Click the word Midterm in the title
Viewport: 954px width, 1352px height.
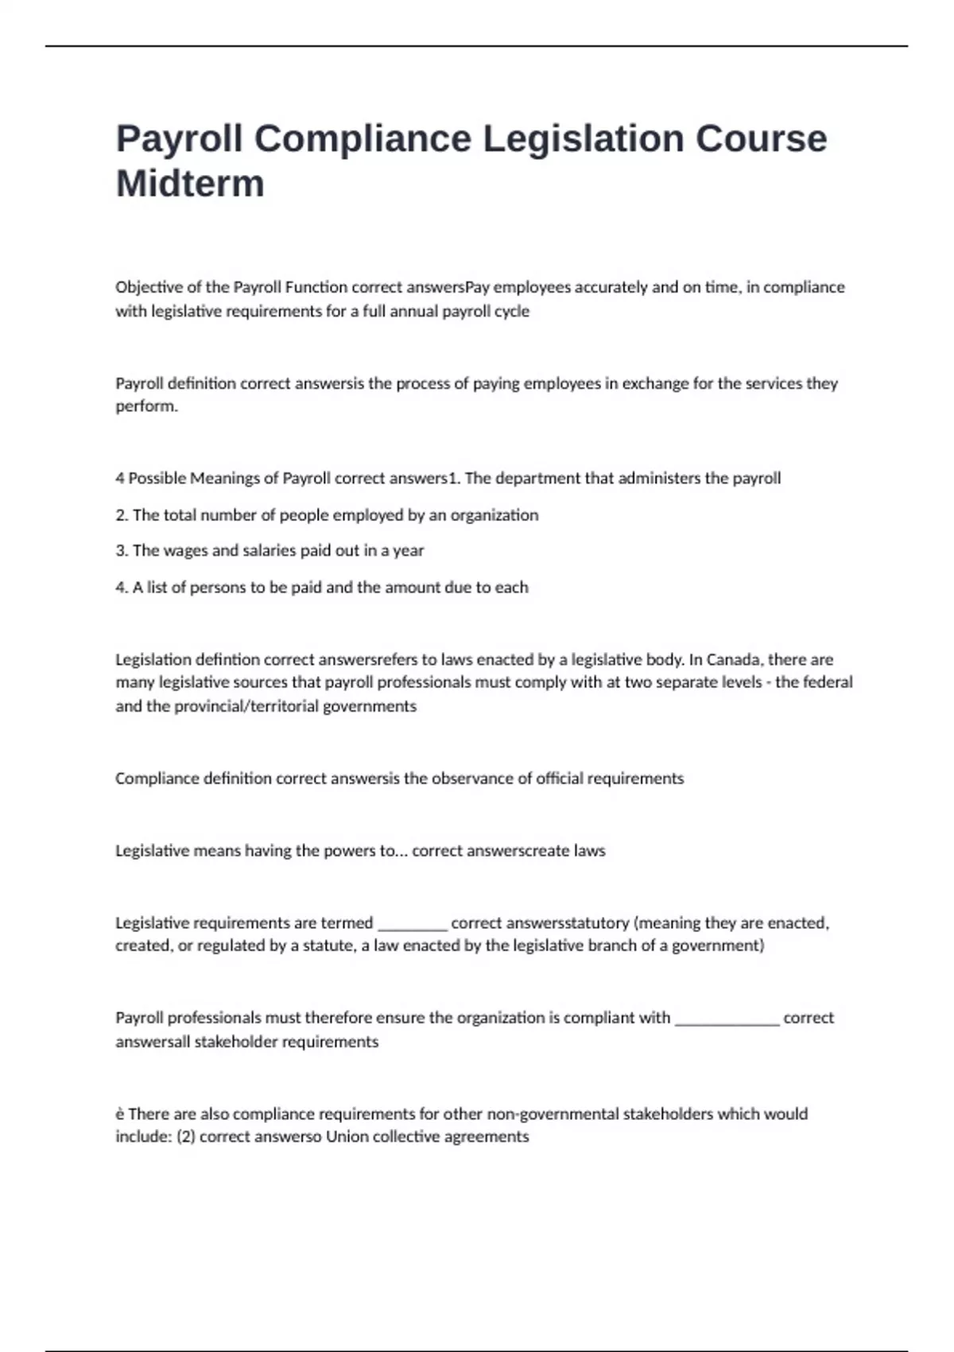coord(190,184)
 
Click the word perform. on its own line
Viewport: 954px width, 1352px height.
coord(146,406)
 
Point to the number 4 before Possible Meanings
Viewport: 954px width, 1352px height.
coord(120,479)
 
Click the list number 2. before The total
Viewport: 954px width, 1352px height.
coord(122,515)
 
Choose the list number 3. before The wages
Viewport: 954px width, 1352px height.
coord(122,550)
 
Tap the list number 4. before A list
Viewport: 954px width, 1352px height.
coord(122,588)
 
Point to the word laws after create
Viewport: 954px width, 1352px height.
coord(590,851)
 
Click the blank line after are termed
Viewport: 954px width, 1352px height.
coord(412,924)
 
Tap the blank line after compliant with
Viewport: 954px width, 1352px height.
coord(727,1019)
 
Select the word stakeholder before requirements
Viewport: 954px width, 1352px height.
coord(235,1042)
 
